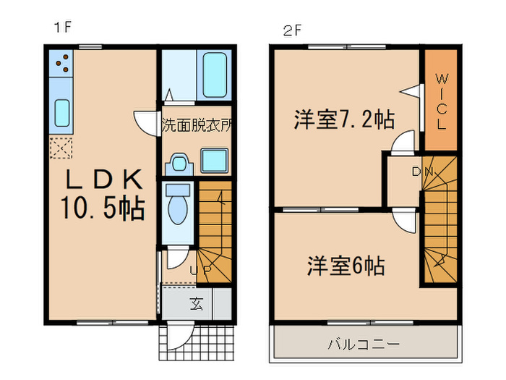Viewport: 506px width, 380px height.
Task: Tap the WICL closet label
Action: [x=440, y=100]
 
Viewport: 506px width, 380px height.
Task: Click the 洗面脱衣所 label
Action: [x=197, y=124]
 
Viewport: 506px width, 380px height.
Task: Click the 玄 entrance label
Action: [x=197, y=303]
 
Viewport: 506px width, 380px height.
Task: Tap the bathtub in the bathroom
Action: [x=215, y=75]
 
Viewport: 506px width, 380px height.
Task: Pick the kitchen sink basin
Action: [x=61, y=114]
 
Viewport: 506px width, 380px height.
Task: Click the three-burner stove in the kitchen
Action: [x=61, y=64]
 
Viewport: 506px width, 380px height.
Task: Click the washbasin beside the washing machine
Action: [x=178, y=164]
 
